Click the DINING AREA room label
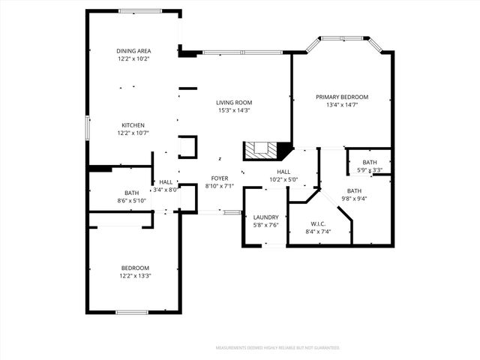(133, 51)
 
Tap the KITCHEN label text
(133, 125)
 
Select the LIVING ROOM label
(234, 103)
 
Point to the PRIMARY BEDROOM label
(342, 97)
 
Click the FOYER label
(219, 178)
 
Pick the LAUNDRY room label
(265, 217)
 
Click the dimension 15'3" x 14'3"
(234, 110)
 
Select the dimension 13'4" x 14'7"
(342, 105)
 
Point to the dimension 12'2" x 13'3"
(134, 276)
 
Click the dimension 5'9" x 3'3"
(370, 170)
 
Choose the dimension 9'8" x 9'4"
(354, 199)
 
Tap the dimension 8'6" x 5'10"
(133, 200)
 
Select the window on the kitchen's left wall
(88, 127)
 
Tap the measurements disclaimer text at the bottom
(277, 348)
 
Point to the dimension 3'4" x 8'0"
(166, 190)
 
